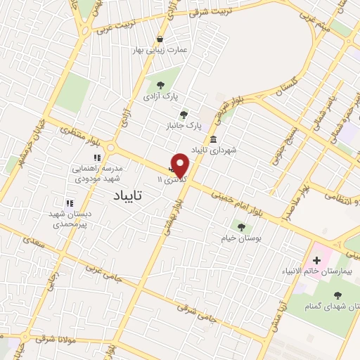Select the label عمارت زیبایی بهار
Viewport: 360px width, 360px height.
(161, 51)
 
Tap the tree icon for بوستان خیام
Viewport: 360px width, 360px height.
(242, 227)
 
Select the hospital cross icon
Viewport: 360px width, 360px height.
(316, 259)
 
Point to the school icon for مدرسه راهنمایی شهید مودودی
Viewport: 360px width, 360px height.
(98, 157)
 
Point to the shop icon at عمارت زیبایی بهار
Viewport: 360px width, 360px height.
(161, 39)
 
